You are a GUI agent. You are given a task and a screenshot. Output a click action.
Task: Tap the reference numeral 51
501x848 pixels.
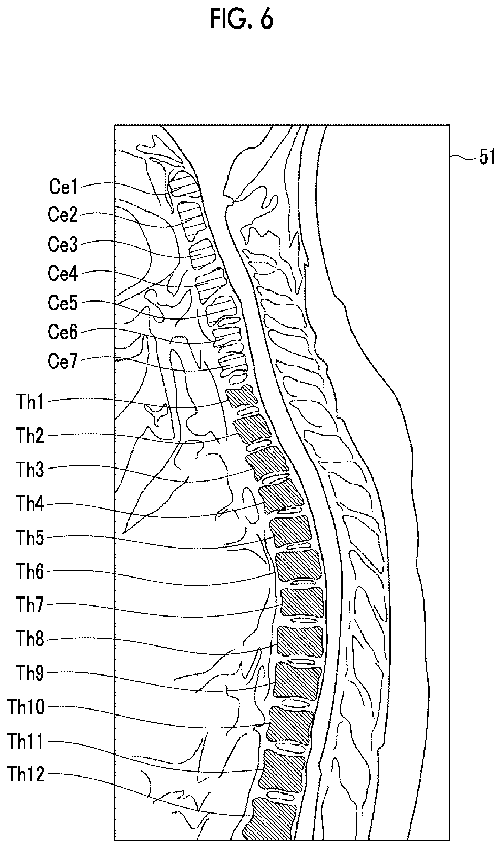487,158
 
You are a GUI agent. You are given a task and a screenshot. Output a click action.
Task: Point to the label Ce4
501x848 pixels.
63,274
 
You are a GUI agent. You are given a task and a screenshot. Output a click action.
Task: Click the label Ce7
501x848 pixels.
63,362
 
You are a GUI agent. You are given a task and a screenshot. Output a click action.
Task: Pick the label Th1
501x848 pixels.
30,402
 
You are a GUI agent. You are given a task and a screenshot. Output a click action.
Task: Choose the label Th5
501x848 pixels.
30,538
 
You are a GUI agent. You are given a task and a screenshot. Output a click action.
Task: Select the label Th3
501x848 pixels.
30,470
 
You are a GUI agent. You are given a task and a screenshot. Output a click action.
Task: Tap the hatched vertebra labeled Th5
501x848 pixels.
290,532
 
